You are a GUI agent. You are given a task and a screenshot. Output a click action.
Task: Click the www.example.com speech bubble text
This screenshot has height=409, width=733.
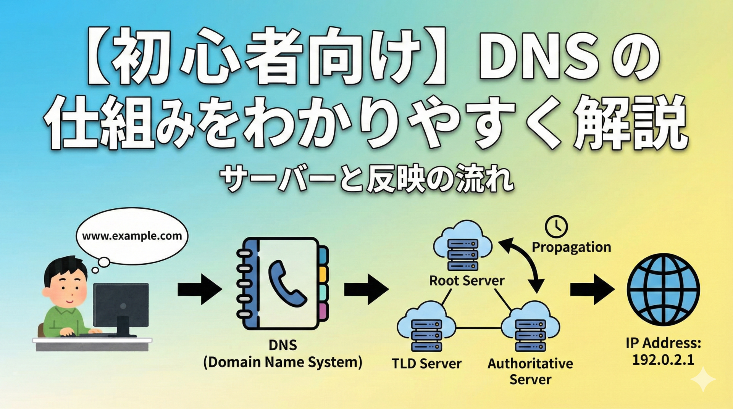click(x=132, y=236)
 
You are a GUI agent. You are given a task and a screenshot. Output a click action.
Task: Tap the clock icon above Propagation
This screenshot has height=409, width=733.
click(x=556, y=227)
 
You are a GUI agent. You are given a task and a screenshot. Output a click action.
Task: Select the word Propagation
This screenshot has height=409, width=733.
click(x=571, y=247)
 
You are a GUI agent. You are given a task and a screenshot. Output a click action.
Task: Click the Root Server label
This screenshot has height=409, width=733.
click(x=467, y=281)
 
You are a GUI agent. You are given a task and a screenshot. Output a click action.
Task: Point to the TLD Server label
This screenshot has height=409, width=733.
click(x=426, y=364)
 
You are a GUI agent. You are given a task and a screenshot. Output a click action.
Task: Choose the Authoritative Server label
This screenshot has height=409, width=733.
click(x=530, y=371)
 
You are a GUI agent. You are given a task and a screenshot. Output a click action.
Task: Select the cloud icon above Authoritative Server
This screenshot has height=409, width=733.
click(x=530, y=328)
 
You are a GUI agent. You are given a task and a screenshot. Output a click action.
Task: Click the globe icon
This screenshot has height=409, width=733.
click(x=663, y=290)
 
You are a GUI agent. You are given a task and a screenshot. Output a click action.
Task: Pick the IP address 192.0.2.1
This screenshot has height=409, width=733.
click(x=663, y=360)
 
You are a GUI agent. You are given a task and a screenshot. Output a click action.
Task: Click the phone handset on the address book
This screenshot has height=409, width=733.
click(x=286, y=284)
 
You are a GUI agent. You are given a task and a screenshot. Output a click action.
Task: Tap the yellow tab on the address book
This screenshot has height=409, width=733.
click(x=323, y=274)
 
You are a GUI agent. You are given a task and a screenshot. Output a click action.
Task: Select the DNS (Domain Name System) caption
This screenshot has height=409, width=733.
click(x=283, y=354)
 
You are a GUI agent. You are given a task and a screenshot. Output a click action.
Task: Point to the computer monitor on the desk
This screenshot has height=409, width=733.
click(x=121, y=305)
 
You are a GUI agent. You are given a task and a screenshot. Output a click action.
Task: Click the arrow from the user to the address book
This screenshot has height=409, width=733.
click(x=199, y=290)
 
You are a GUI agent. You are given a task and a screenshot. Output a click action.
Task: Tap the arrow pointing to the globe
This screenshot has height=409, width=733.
click(x=592, y=290)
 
